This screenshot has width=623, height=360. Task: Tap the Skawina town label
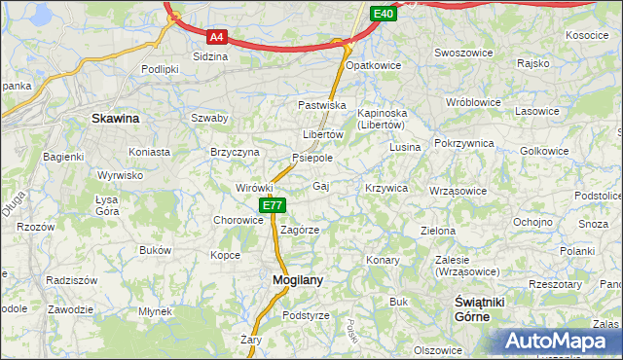click(115, 119)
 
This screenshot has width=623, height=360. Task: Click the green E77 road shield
click(273, 205)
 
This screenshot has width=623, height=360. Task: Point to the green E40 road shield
click(384, 14)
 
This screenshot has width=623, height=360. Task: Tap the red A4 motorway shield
click(217, 37)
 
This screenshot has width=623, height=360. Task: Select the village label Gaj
click(321, 185)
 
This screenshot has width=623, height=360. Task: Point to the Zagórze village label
click(300, 230)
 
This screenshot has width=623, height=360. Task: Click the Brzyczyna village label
click(235, 153)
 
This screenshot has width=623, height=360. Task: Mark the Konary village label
click(384, 260)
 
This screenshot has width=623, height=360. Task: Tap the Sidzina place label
click(210, 56)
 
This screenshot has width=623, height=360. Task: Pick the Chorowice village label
click(238, 220)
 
